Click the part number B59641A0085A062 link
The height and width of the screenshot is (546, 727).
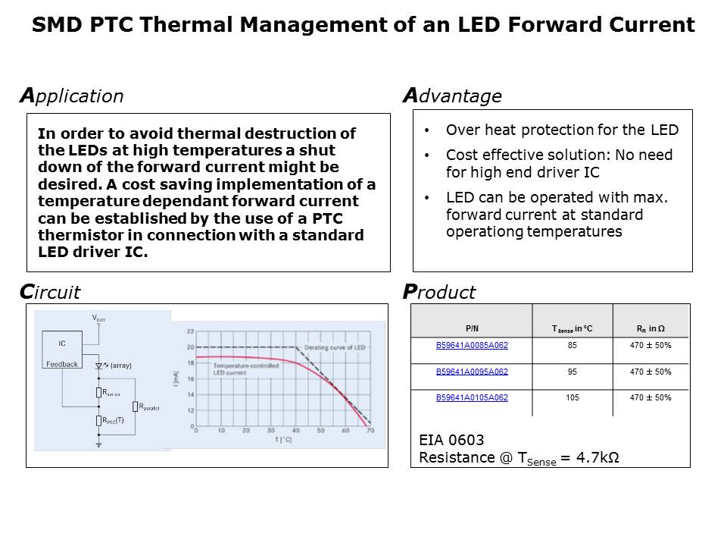tap(472, 346)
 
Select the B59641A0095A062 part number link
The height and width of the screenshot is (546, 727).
tap(472, 372)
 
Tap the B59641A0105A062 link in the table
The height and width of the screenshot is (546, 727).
tap(472, 397)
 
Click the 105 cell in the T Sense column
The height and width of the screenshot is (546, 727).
tap(573, 397)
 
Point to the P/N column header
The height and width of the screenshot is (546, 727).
tap(472, 328)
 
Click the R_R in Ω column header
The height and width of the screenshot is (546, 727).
tap(651, 328)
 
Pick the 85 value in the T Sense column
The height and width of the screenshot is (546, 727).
tap(573, 346)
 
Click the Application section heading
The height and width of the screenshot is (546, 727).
tap(71, 96)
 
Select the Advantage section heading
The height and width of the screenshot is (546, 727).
tap(452, 96)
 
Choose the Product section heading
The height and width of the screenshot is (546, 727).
tap(439, 292)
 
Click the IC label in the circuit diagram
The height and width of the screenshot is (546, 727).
tap(62, 344)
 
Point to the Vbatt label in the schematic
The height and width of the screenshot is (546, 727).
tap(99, 319)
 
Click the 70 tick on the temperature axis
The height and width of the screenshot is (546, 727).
tap(370, 431)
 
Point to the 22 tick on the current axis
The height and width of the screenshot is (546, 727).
tap(189, 331)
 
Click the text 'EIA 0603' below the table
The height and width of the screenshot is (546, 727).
tap(451, 440)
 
